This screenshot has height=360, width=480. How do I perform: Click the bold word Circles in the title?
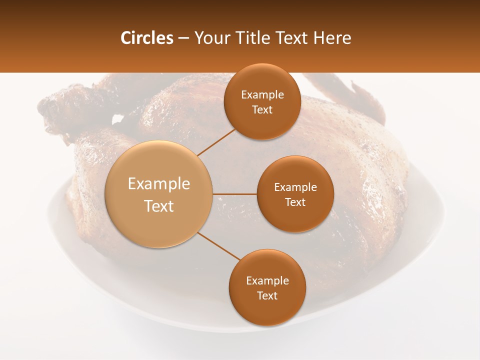coord(146,38)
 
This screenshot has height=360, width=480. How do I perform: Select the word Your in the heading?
coord(210,38)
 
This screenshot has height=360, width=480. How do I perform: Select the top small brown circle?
coord(262,122)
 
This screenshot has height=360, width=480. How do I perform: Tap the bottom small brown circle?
coord(267,310)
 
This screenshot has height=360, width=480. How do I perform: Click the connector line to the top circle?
coord(216,141)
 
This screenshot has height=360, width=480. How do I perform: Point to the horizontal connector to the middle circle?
coord(234,194)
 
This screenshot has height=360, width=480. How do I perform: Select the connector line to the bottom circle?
coord(218,246)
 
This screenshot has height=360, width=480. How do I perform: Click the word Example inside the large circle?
coord(158,184)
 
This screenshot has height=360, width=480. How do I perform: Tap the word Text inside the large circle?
coord(158,206)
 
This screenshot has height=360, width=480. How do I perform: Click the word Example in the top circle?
coord(262,95)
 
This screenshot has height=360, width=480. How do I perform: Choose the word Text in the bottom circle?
coord(267,295)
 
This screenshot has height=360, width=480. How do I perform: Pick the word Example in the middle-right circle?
coord(295,187)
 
